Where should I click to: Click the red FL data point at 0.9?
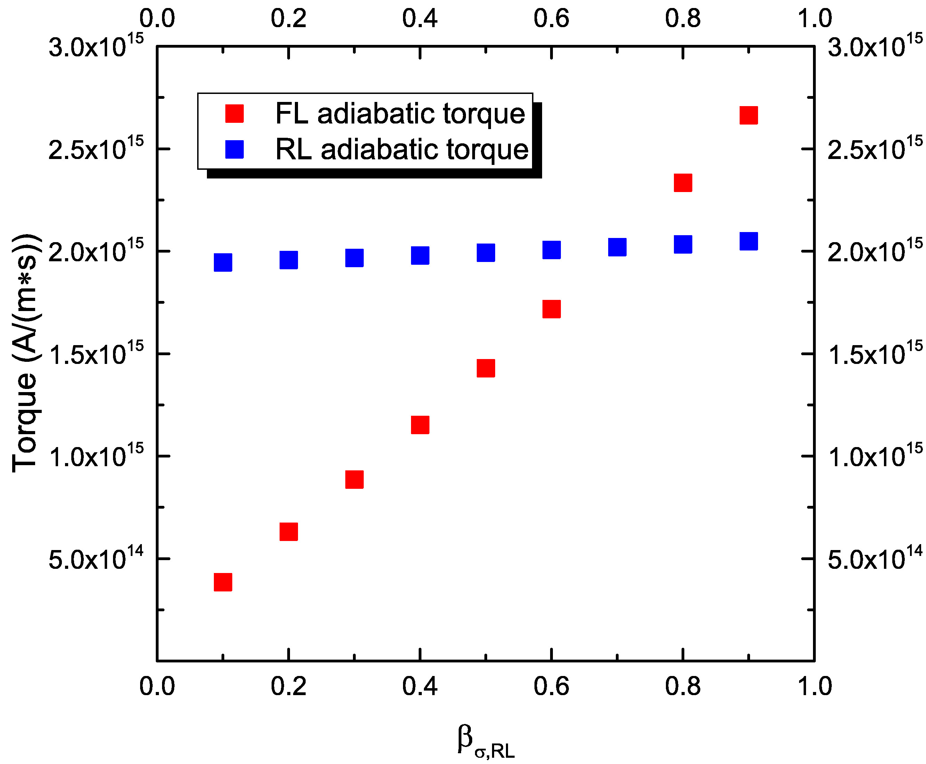[x=748, y=115]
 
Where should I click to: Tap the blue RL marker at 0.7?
[x=617, y=247]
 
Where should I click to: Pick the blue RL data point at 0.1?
[x=223, y=263]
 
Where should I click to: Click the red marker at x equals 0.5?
[x=486, y=368]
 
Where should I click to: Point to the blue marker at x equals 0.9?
[x=748, y=241]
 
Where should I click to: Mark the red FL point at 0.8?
[x=683, y=183]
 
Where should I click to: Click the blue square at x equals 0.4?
[x=420, y=255]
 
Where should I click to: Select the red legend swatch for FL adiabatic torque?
[x=234, y=113]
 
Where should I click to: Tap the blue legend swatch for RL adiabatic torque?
[x=234, y=149]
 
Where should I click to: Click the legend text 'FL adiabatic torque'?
[x=400, y=113]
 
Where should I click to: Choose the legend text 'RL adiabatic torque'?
[x=402, y=150]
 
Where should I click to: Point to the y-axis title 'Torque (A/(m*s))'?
[x=25, y=353]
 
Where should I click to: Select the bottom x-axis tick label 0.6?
[x=551, y=686]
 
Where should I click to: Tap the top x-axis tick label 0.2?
[x=288, y=18]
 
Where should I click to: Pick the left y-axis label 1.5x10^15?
[x=96, y=353]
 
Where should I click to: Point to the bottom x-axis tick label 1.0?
[x=814, y=686]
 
